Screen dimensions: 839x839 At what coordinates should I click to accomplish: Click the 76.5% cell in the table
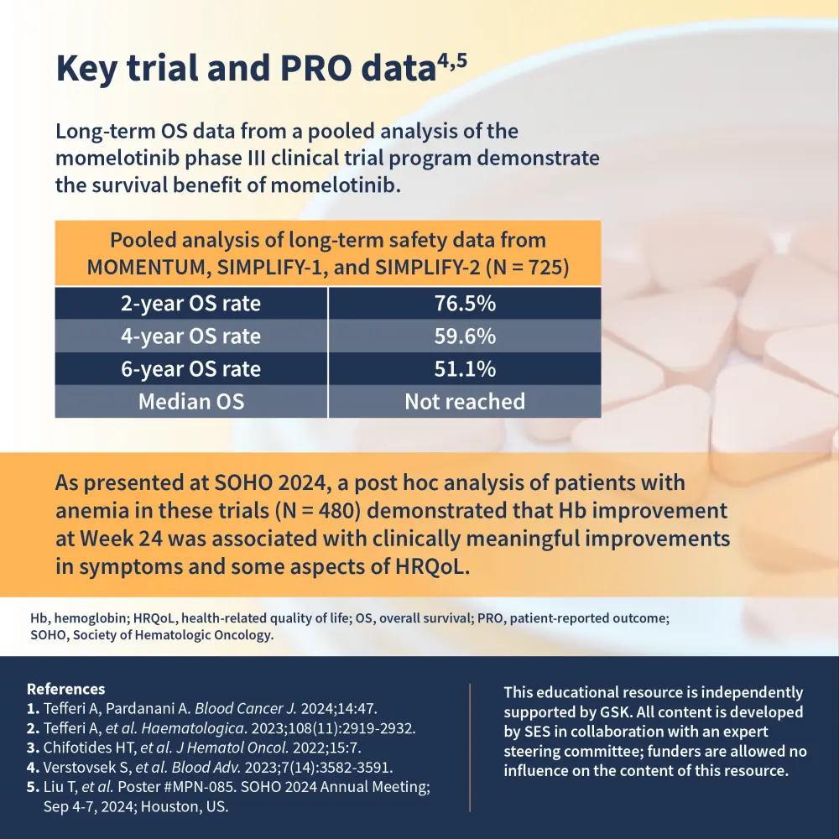(464, 304)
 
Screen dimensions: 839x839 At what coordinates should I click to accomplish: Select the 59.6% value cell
(464, 336)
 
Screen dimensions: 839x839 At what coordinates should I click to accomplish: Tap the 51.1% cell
(464, 369)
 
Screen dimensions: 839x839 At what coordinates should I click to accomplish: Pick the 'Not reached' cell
(464, 402)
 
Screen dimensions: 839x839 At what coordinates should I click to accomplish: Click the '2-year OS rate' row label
(190, 304)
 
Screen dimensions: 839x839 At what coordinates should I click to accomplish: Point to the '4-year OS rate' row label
(190, 336)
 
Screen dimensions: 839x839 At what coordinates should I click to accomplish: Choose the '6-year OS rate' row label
(190, 369)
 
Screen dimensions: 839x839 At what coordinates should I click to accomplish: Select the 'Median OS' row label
(190, 402)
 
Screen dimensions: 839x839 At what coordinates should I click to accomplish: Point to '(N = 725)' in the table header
(519, 268)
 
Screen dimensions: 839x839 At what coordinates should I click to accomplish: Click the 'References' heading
(66, 689)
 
